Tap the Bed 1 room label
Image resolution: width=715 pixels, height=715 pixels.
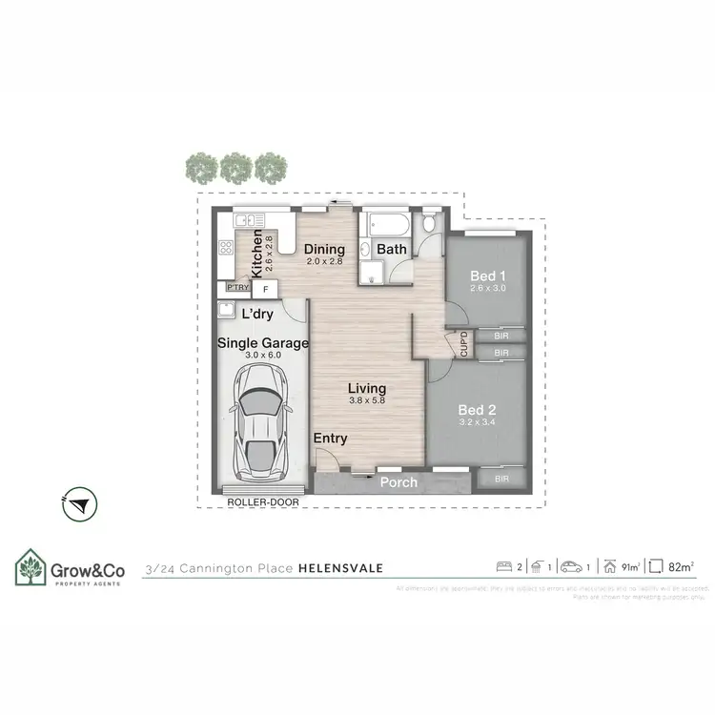coord(486,277)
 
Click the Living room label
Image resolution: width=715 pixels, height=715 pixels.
coord(367,388)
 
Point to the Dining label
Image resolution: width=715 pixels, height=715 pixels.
coord(324,249)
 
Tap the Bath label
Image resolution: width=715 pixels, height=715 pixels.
coord(392,250)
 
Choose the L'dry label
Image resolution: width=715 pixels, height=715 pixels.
coord(258,314)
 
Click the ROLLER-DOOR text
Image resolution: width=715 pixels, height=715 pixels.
coord(257,500)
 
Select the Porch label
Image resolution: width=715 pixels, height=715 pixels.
coord(398,482)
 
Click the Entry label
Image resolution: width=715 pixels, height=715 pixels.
coord(331,439)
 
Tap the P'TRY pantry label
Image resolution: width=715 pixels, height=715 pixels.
coord(236,287)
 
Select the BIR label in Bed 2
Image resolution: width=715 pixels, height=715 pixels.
coord(500,478)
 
